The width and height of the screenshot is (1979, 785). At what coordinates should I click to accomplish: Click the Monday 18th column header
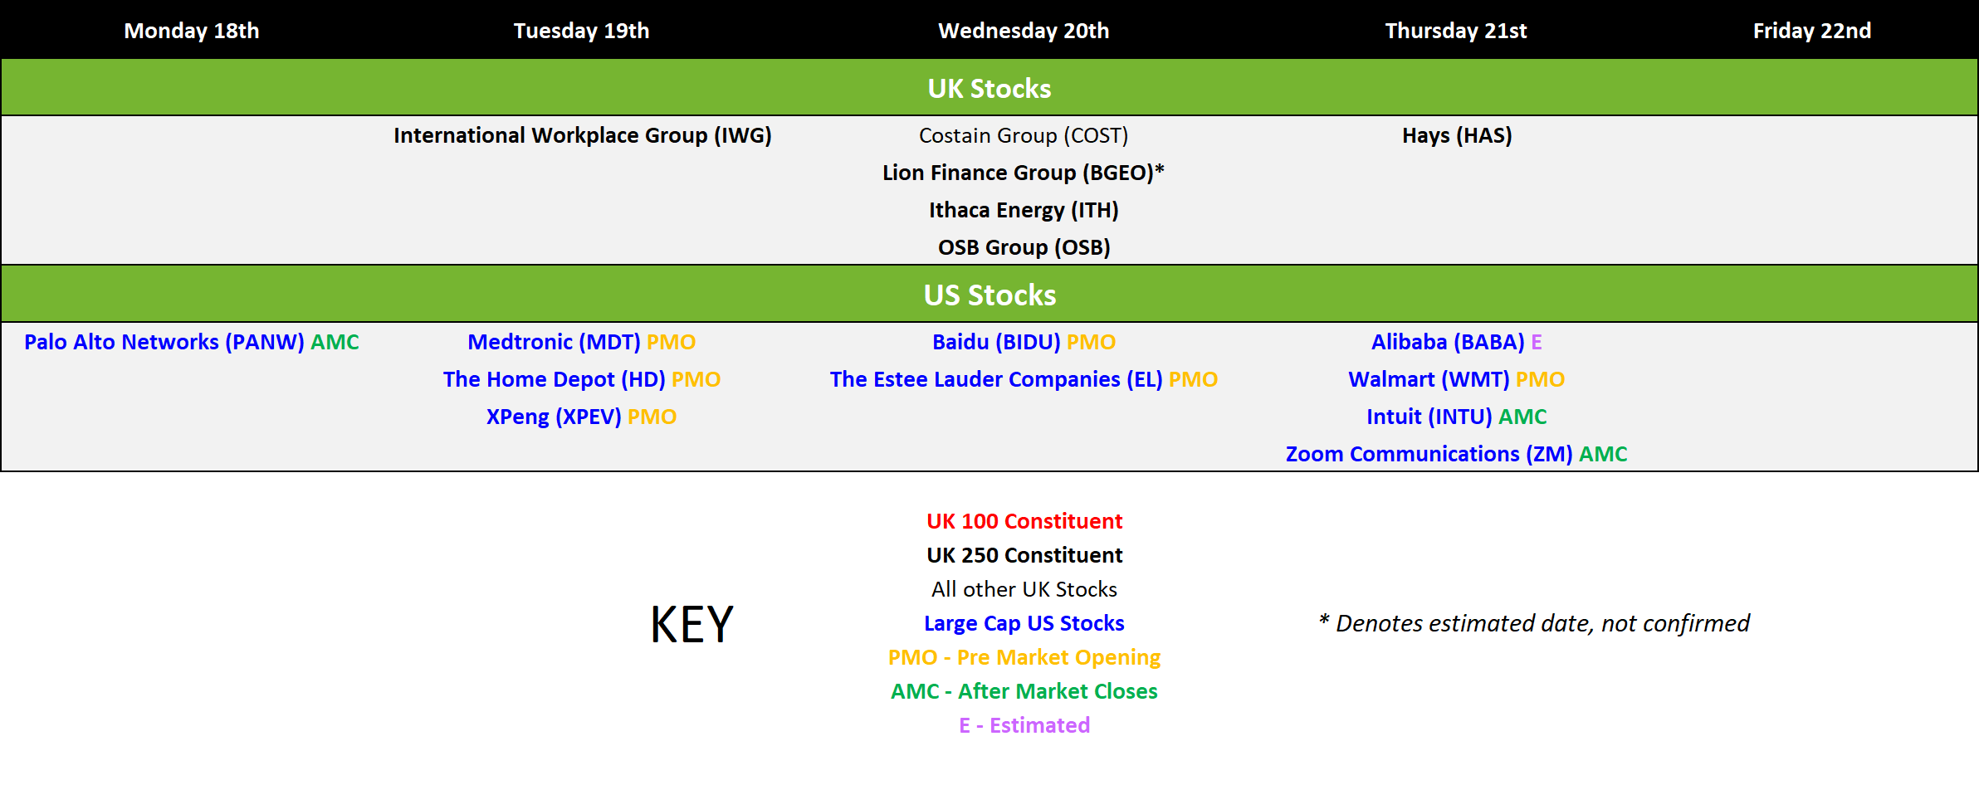point(192,31)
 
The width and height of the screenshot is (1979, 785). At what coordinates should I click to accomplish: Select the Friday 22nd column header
point(1812,31)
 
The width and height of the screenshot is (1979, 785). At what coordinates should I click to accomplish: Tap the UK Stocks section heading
point(989,88)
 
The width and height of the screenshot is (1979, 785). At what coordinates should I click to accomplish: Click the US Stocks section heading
point(989,295)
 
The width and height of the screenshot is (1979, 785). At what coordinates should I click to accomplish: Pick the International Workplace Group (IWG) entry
point(583,135)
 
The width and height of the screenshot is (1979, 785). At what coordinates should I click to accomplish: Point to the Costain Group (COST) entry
point(1024,135)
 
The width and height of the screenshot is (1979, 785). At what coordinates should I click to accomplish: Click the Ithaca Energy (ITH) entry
point(1024,210)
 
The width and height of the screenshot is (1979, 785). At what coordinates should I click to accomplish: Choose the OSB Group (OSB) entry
point(1024,247)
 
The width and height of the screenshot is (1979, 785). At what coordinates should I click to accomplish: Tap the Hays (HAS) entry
point(1457,135)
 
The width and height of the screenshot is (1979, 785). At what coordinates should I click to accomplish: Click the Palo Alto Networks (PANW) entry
point(164,342)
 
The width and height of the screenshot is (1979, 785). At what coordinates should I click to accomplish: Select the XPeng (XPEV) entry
point(554,417)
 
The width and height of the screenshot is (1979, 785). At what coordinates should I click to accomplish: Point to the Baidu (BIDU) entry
point(996,342)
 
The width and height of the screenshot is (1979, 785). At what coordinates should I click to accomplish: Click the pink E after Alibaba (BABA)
point(1537,342)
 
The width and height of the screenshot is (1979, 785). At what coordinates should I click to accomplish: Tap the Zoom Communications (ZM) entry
point(1429,454)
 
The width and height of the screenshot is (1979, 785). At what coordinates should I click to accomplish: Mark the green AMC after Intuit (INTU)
point(1522,417)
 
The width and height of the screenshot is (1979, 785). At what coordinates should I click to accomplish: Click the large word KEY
point(691,624)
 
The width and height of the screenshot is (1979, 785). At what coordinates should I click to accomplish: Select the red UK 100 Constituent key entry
point(1024,521)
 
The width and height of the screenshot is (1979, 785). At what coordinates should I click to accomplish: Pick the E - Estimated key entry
point(1024,725)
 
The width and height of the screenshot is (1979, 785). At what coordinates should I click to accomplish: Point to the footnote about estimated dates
point(1534,623)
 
